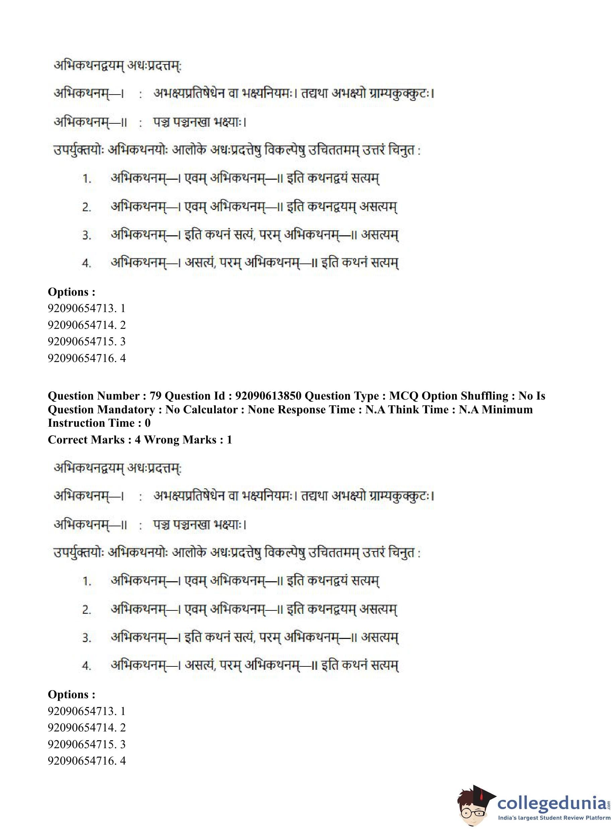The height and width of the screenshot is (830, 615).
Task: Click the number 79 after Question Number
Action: [x=155, y=396]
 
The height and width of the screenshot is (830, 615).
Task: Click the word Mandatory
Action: [x=127, y=409]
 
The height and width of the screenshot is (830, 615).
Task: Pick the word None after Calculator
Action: [x=262, y=409]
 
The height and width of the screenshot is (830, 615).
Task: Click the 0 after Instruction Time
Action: [x=147, y=423]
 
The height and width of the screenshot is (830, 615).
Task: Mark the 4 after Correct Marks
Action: [x=138, y=439]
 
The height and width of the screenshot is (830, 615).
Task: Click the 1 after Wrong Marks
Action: [x=229, y=439]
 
